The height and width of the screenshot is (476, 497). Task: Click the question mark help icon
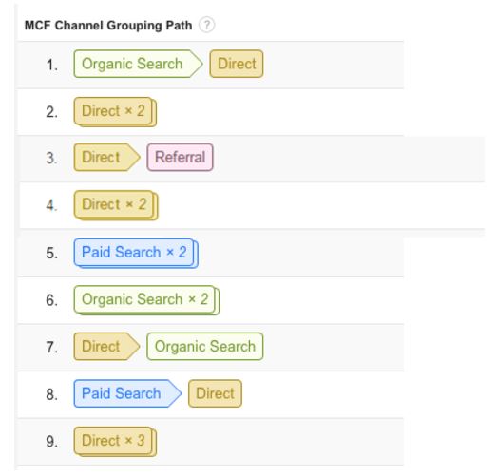[x=206, y=25]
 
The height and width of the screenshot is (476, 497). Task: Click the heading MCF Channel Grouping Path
[x=108, y=26]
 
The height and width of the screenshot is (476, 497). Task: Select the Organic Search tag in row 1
[x=138, y=64]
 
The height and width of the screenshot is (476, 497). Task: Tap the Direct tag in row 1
[x=237, y=64]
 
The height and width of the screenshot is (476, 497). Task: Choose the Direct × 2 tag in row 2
[x=115, y=112]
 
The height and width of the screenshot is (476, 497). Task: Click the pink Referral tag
[x=180, y=157]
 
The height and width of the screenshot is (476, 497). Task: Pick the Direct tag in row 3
[x=106, y=157]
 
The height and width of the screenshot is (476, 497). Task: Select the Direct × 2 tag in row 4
[x=116, y=205]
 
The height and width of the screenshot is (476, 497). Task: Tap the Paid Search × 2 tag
[x=136, y=254]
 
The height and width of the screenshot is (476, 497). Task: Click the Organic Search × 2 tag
[x=146, y=300]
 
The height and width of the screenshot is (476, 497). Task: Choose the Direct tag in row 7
[x=106, y=347]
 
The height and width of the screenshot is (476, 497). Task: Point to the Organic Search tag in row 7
[x=205, y=347]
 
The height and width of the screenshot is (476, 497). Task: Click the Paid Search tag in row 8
[x=127, y=393]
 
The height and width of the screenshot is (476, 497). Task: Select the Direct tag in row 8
[x=215, y=393]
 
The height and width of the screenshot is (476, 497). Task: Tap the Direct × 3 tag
[x=115, y=442]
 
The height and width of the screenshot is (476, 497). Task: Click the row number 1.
[x=51, y=65]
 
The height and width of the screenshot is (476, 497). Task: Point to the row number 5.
[x=51, y=254]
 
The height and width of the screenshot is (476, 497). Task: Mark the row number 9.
[x=51, y=442]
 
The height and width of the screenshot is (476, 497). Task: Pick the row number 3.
[x=51, y=158]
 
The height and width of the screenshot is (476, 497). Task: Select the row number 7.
[x=51, y=347]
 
